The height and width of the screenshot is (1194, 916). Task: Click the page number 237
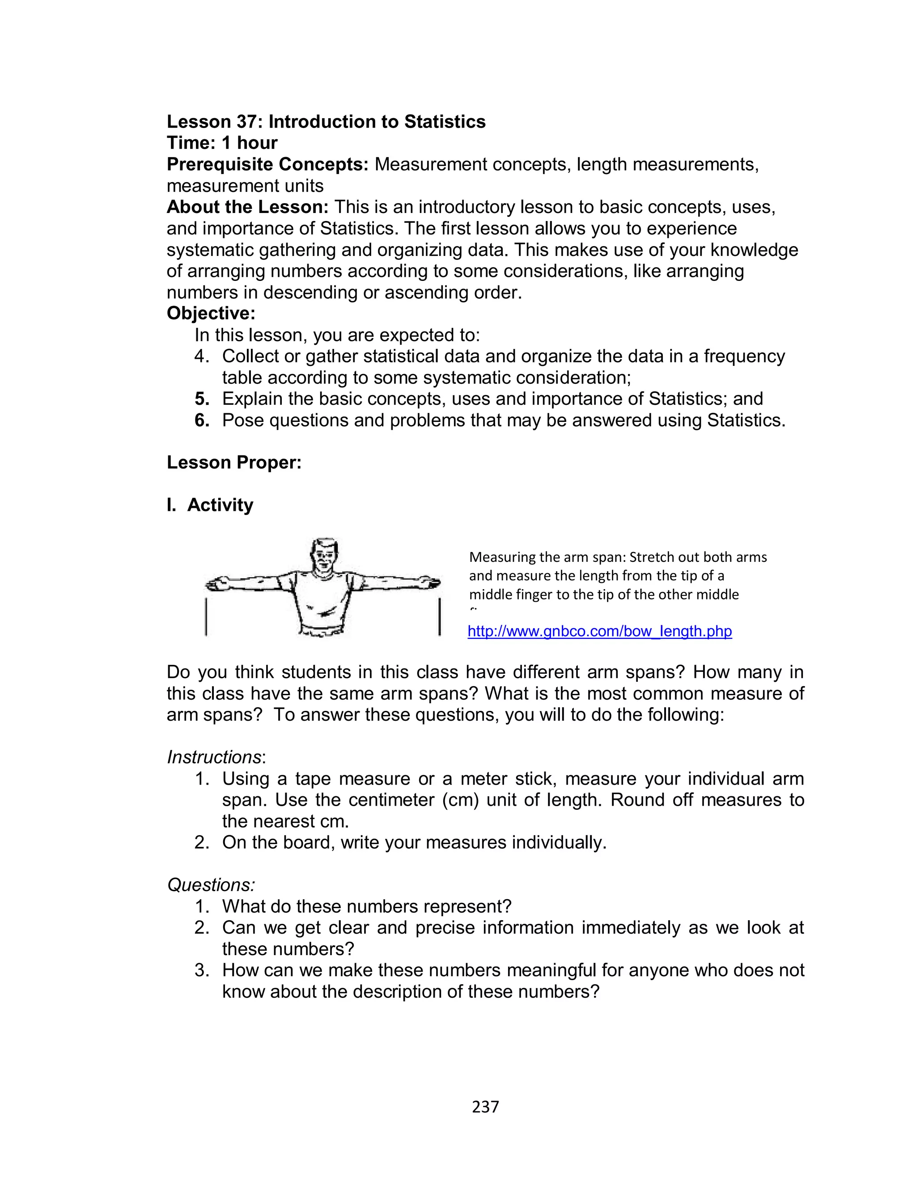485,1106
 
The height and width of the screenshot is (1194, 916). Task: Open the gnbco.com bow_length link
600,631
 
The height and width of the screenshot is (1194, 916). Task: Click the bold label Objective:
211,314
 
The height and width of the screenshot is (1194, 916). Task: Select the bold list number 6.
202,421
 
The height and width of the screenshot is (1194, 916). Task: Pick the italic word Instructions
214,757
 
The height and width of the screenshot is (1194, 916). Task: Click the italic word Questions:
211,885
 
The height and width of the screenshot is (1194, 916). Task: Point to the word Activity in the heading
220,505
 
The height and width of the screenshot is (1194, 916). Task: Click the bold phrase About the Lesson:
247,207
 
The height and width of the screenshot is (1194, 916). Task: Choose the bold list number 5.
202,399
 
